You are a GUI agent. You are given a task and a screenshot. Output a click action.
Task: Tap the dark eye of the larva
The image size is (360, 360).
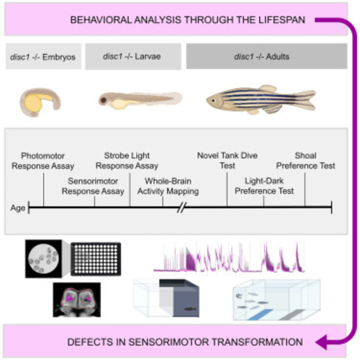tap(104, 100)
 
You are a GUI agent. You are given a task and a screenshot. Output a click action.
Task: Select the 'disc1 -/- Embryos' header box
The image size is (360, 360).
tap(43, 56)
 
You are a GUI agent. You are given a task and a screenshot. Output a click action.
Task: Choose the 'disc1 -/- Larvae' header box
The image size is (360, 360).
tap(133, 56)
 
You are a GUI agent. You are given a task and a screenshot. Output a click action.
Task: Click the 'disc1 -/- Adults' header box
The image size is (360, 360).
tap(266, 56)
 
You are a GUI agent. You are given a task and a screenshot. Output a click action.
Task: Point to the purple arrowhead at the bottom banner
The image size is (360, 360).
tap(321, 342)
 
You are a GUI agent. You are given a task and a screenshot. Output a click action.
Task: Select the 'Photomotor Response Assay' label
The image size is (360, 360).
tap(43, 161)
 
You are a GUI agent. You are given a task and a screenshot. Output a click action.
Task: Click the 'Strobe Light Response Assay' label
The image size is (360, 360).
tap(127, 161)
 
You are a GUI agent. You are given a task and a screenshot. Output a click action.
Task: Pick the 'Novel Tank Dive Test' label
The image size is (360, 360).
tap(228, 161)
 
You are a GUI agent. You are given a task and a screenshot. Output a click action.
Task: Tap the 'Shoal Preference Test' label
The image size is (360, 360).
tap(305, 161)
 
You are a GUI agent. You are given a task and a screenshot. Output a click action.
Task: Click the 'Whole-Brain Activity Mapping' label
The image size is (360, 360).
tap(168, 186)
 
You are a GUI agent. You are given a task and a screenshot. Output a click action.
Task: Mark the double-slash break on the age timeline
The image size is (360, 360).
tap(182, 207)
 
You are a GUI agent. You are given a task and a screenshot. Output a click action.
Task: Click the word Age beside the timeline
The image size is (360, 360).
tap(18, 208)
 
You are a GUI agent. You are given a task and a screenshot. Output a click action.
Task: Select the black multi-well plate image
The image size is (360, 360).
tap(96, 259)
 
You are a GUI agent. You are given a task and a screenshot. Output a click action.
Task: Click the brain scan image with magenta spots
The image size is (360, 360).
tap(77, 300)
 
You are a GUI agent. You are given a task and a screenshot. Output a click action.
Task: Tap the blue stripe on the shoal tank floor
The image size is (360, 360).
tap(261, 315)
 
